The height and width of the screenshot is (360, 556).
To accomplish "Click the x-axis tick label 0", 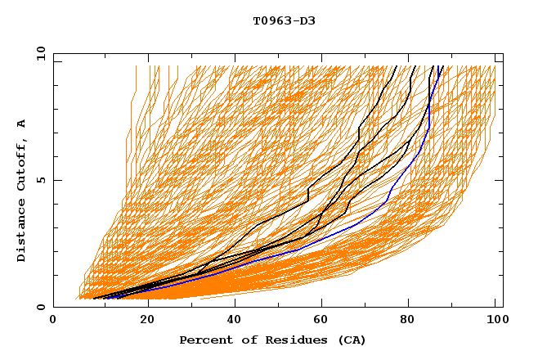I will click(x=53, y=322).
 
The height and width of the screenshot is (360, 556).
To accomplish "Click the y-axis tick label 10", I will click(x=40, y=53).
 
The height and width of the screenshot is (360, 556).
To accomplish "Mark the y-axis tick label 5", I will click(x=43, y=180).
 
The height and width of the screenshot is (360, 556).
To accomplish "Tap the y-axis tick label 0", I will click(x=43, y=307).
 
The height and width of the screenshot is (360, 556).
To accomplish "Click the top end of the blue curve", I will click(x=441, y=66).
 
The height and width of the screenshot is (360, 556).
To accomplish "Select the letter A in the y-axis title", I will click(x=22, y=123).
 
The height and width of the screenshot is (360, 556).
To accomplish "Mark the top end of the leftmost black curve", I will click(x=397, y=66).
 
